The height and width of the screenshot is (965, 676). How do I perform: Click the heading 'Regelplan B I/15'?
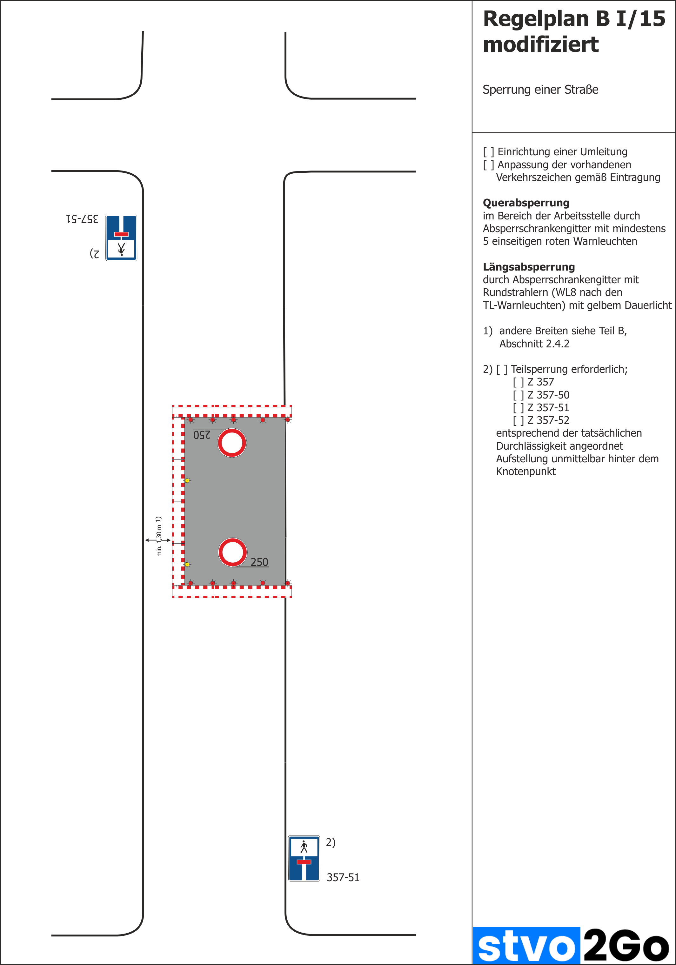pyautogui.click(x=574, y=19)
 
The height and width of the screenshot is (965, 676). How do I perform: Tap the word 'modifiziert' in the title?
pyautogui.click(x=541, y=44)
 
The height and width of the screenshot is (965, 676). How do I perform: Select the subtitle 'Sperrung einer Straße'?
pyautogui.click(x=540, y=90)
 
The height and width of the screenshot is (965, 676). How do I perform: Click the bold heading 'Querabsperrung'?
pyautogui.click(x=526, y=203)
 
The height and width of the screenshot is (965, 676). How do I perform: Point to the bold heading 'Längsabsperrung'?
pyautogui.click(x=528, y=267)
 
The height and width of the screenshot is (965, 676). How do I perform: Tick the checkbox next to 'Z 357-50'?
pyautogui.click(x=518, y=395)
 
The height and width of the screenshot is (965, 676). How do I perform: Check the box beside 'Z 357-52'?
pyautogui.click(x=518, y=420)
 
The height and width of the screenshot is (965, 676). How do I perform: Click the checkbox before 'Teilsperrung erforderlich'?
pyautogui.click(x=502, y=369)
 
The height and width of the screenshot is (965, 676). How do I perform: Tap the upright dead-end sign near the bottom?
pyautogui.click(x=304, y=858)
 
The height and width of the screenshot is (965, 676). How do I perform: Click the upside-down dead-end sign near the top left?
pyautogui.click(x=121, y=238)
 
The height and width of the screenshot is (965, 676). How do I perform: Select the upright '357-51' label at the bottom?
pyautogui.click(x=343, y=878)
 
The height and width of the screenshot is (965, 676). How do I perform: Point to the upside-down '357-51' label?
pyautogui.click(x=83, y=219)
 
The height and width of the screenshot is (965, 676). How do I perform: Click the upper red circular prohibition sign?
pyautogui.click(x=232, y=443)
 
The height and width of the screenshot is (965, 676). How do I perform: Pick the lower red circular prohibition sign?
pyautogui.click(x=232, y=552)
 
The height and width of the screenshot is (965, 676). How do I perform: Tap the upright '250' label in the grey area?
pyautogui.click(x=259, y=562)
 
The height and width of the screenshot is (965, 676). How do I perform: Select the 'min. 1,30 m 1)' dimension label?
pyautogui.click(x=159, y=536)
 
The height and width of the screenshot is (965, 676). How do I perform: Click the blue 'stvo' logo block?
pyautogui.click(x=526, y=946)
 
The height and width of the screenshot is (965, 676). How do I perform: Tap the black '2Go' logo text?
pyautogui.click(x=626, y=946)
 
